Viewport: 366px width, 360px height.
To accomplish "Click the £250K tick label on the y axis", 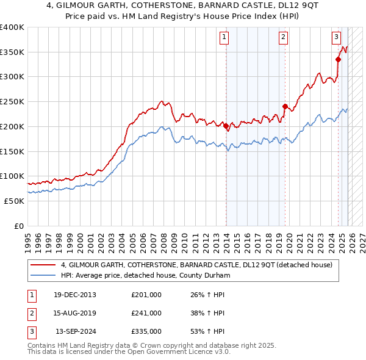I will (x=12, y=102).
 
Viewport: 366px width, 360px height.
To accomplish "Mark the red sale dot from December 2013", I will (x=226, y=127).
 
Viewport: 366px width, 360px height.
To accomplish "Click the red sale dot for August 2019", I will (x=285, y=107).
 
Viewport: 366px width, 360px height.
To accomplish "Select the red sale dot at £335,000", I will (x=338, y=59).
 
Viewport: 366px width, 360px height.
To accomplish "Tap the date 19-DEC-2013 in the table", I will (x=74, y=295).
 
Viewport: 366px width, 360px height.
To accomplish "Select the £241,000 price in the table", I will (x=146, y=313).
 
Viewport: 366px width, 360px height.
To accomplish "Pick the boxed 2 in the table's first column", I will (x=30, y=313).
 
